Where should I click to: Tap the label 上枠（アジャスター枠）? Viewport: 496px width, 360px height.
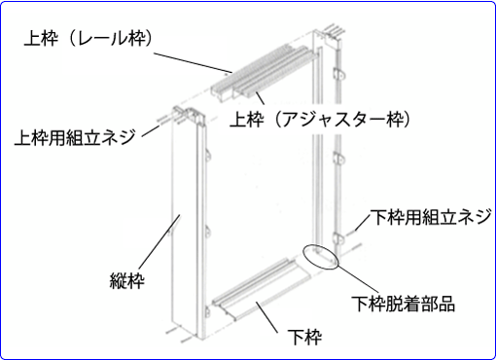coord(319,120)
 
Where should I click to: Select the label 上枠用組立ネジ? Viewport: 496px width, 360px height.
coord(76,136)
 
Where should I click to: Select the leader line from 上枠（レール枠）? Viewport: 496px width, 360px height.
coord(194,59)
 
